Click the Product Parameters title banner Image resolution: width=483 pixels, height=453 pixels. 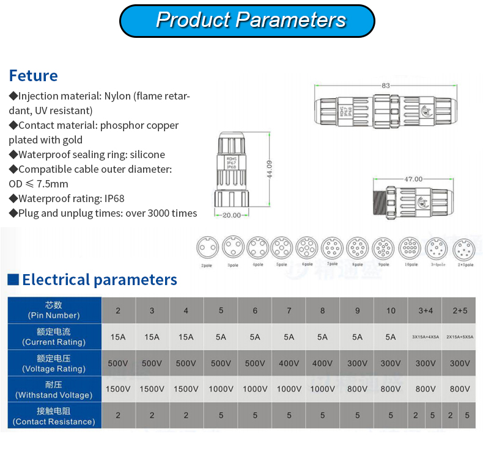247,20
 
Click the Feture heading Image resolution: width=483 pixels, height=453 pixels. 33,76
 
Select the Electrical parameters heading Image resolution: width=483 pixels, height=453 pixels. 99,280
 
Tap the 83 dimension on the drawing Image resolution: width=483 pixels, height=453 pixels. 385,85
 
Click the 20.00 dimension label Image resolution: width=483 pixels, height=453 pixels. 231,216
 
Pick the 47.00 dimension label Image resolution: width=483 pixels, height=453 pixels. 413,179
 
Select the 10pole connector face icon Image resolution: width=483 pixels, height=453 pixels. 410,248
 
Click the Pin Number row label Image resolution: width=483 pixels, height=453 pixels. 54,310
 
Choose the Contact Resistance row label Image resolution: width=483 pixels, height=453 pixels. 54,416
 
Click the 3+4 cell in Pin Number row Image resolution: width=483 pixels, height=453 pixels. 426,311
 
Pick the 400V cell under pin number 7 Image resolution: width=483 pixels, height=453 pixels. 289,363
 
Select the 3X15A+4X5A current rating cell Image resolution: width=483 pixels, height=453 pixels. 426,337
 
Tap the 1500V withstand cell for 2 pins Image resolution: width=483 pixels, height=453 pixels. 118,389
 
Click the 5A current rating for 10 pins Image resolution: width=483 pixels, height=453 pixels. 391,337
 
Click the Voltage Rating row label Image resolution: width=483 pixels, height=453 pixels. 54,363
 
